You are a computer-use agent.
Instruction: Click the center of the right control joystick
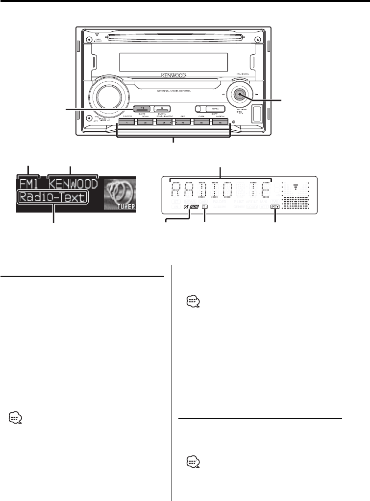(x=240, y=95)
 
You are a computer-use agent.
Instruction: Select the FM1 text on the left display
(x=29, y=185)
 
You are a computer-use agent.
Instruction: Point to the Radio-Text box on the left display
(x=52, y=198)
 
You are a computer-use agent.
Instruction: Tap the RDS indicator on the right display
(x=196, y=207)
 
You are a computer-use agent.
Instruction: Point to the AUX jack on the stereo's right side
(x=256, y=114)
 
